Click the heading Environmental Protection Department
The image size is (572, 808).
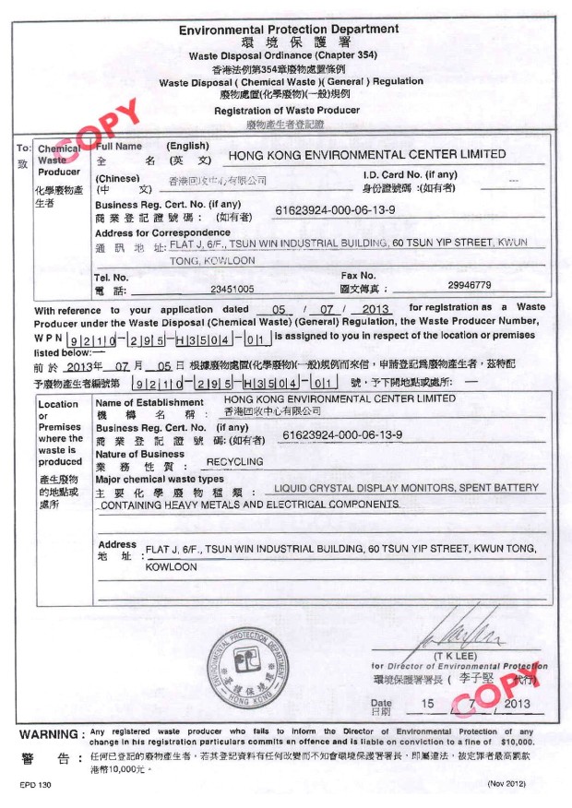click(289, 30)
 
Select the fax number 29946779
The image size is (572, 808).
click(469, 285)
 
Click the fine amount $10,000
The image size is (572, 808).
click(517, 742)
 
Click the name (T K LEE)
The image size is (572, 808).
click(459, 656)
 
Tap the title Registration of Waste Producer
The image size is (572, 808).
click(287, 111)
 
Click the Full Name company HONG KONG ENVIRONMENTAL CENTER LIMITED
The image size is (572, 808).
click(366, 155)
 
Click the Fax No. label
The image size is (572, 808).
click(359, 275)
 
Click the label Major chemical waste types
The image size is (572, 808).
click(160, 480)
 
